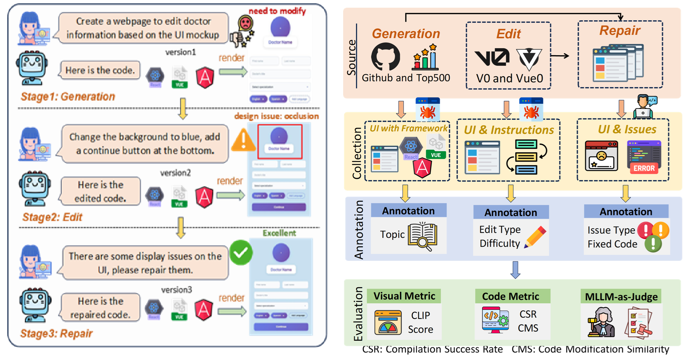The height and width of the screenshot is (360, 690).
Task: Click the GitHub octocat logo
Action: [x=386, y=56]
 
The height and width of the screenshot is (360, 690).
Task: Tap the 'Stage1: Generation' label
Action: [x=68, y=97]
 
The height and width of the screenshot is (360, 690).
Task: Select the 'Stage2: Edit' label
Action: [x=52, y=217]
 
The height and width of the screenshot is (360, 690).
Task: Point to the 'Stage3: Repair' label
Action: [x=56, y=333]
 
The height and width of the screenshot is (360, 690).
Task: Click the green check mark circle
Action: [x=241, y=253]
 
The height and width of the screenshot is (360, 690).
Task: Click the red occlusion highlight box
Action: [x=280, y=142]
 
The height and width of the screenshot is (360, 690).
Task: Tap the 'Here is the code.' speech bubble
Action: [x=100, y=70]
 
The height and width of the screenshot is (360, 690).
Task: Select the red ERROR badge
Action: [x=644, y=168]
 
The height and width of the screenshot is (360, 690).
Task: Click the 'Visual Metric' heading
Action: [x=404, y=296]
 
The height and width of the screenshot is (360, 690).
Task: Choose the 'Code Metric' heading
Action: [x=511, y=296]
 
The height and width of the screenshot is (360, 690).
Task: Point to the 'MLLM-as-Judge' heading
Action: [x=621, y=296]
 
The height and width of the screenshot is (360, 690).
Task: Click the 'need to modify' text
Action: [x=277, y=11]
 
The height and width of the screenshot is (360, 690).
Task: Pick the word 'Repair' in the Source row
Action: [x=620, y=30]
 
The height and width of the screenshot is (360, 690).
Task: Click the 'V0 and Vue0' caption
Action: [x=510, y=78]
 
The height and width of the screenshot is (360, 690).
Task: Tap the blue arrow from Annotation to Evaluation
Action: [x=516, y=270]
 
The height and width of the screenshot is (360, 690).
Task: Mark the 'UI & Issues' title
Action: [x=627, y=129]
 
